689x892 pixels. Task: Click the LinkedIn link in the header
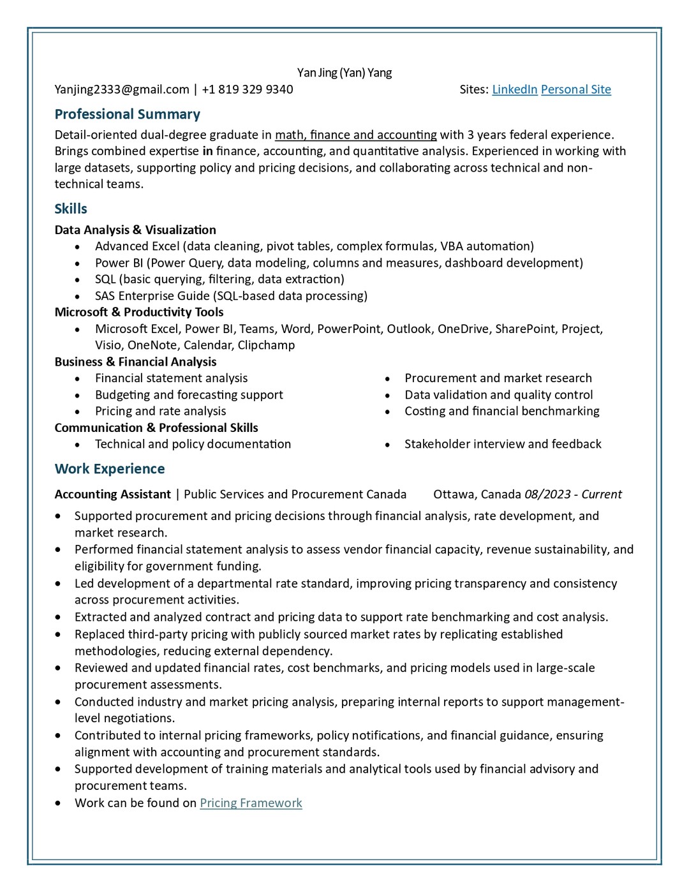514,89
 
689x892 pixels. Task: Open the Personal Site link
575,89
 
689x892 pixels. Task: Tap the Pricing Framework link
251,803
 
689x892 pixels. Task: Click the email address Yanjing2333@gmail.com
122,89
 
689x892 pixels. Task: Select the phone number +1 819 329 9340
248,89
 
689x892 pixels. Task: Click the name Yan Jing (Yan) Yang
344,73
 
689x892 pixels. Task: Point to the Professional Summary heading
128,114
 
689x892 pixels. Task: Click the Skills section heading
71,209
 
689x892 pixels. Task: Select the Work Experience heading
110,469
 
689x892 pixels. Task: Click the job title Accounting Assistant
113,494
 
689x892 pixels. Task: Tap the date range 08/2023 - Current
573,494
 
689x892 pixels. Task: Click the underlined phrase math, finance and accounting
355,135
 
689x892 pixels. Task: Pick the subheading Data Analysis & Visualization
135,230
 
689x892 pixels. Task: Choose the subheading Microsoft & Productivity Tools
139,312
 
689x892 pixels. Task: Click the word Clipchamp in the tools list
266,345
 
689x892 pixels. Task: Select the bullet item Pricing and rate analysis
160,412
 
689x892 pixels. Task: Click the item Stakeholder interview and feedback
503,444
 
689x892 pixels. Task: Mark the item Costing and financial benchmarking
501,412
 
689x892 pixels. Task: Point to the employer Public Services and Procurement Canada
295,494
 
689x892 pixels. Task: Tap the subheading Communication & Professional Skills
156,427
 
